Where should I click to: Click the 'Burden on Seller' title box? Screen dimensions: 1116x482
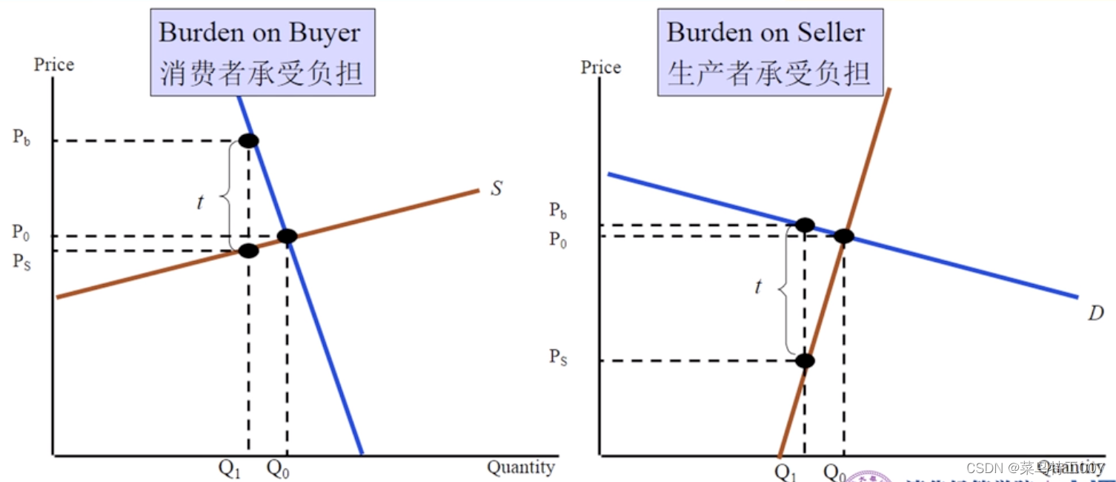point(770,52)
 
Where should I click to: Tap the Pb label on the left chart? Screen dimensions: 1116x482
point(21,138)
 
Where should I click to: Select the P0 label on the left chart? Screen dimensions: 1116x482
point(21,232)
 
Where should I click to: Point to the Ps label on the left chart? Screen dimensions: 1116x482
point(21,261)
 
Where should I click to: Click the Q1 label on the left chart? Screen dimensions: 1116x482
point(230,469)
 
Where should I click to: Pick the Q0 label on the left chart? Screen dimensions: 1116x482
point(278,469)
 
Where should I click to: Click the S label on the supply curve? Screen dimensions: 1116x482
point(496,188)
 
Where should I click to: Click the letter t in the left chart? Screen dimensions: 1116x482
point(200,201)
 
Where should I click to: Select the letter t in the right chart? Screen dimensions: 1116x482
point(757,287)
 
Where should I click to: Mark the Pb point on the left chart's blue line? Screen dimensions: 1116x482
point(248,140)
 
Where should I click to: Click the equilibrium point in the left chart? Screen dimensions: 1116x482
point(287,237)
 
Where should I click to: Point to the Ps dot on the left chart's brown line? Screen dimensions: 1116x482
point(248,251)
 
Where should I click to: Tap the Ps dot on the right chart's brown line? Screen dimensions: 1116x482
point(805,361)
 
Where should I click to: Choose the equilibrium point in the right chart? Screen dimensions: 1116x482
point(843,237)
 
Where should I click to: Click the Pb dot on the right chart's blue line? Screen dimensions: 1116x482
point(805,225)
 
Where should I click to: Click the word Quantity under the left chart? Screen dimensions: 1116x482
point(520,467)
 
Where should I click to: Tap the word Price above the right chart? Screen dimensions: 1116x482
point(600,67)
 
